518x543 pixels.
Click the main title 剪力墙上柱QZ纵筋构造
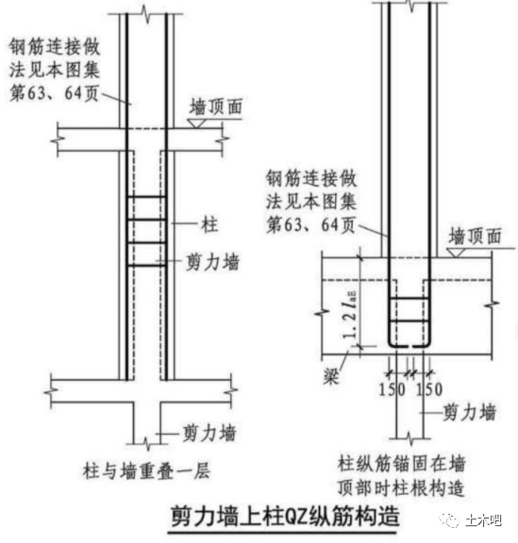285,516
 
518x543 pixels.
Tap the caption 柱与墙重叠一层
146,471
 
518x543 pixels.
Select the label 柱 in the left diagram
209,224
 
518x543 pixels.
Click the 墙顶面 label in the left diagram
216,107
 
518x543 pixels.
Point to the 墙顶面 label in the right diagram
475,237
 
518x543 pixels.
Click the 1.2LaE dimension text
349,315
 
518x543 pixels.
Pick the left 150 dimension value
392,389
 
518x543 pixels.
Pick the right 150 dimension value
429,389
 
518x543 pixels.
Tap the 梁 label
331,376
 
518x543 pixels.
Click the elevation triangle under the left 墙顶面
196,123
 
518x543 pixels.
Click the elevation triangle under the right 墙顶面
456,253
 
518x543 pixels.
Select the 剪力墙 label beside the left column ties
213,262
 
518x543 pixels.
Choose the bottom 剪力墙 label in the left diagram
209,433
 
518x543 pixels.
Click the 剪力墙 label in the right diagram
470,412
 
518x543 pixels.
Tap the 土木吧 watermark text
483,520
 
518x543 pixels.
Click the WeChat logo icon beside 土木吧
450,520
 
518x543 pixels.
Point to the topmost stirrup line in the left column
146,197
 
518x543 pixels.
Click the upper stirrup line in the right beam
409,298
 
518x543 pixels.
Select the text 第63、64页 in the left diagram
54,93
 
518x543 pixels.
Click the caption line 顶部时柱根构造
401,488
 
